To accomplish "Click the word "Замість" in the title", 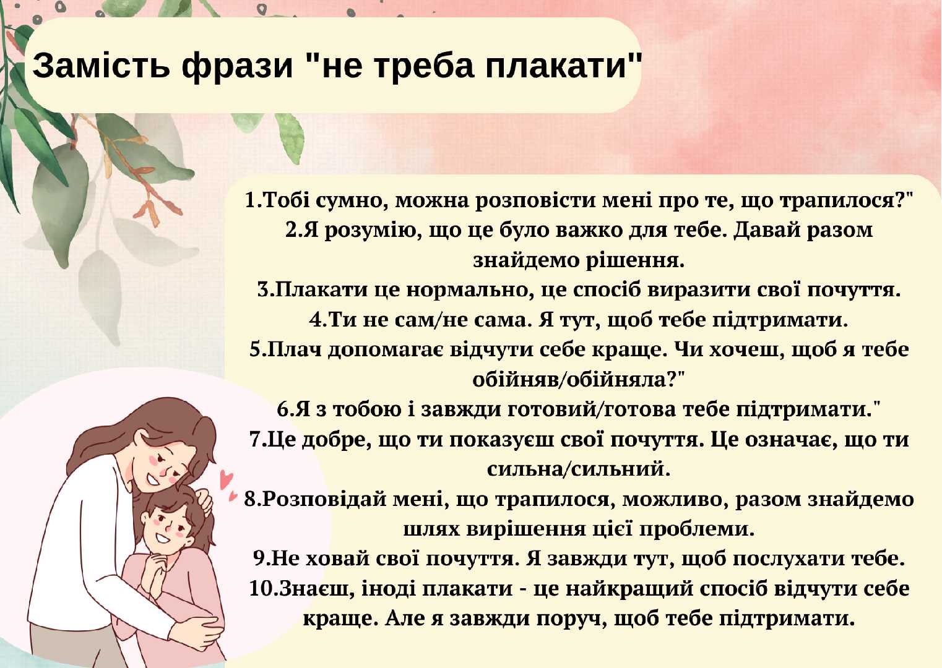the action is point(101,66).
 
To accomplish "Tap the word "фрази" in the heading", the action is point(237,68).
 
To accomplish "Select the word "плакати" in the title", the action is point(556,66).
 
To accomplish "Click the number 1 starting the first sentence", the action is point(250,200).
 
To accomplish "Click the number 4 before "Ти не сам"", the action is point(314,320).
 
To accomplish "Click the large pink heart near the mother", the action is point(227,480).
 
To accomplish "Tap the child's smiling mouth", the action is point(163,539).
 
